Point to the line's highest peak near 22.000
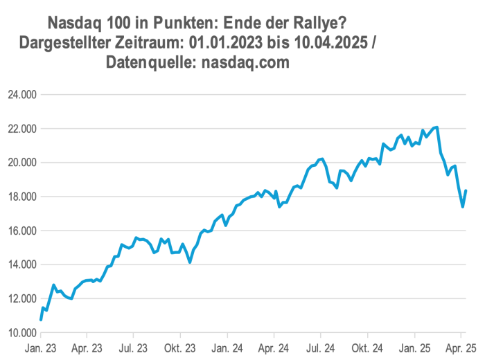point(436,127)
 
